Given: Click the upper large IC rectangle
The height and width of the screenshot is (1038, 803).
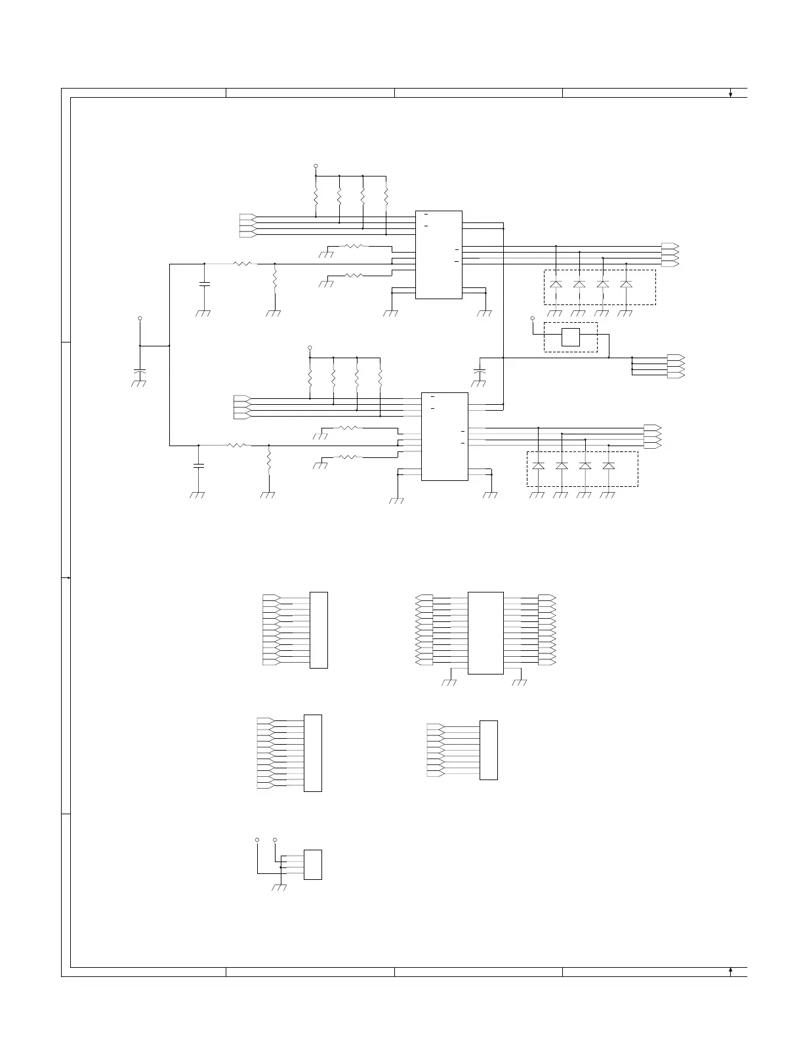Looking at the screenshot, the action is click(x=439, y=255).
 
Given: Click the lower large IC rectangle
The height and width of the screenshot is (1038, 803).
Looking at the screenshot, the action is click(x=444, y=436).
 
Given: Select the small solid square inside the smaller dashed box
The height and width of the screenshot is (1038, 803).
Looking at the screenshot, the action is click(x=571, y=337).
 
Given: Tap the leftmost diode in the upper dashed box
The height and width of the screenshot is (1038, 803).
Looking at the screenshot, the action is click(x=556, y=284).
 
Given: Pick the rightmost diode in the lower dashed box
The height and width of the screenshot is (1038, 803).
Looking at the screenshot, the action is click(x=609, y=466).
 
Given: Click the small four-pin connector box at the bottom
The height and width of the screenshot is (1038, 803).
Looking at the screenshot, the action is click(x=313, y=865).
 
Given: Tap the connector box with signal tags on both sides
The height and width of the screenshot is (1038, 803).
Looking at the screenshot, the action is click(x=485, y=633).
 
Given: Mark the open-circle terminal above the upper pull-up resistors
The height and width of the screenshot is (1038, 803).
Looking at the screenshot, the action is click(x=316, y=166).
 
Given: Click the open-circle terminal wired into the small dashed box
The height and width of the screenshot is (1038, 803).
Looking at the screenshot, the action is click(x=533, y=318).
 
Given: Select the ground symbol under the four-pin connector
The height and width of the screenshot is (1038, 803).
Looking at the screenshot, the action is click(x=279, y=888).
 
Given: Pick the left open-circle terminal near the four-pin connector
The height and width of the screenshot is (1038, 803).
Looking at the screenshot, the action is click(x=257, y=840).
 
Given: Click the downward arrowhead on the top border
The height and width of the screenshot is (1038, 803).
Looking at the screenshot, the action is click(x=730, y=94).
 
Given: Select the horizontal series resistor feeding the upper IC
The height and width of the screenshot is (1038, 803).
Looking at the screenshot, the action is click(x=242, y=264).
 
